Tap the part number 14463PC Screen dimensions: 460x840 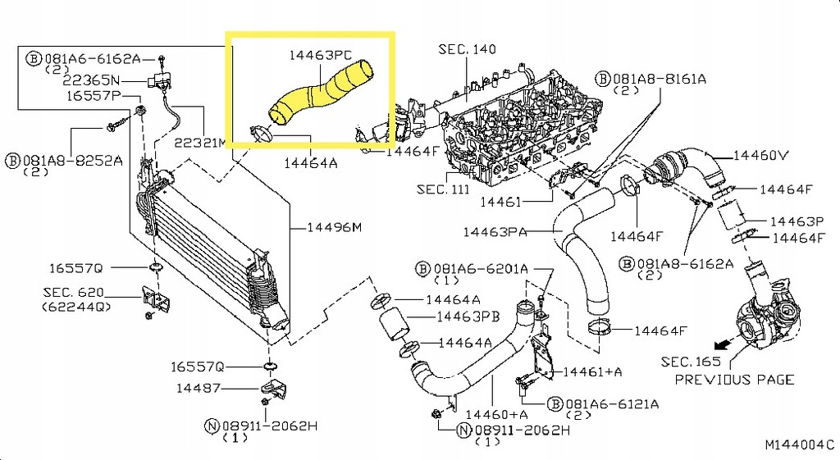point(320,56)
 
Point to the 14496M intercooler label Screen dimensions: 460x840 point(334,227)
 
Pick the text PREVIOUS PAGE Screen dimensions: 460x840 point(734,380)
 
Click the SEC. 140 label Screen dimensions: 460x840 point(467,50)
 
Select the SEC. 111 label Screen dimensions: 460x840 point(443,189)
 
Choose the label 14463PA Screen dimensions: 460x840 point(495,232)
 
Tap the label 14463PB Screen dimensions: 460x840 point(468,317)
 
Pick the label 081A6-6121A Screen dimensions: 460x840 point(611,404)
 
